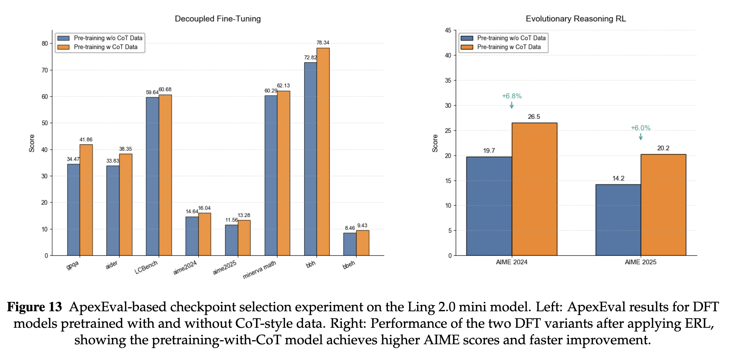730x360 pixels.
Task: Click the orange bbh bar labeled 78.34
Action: pos(323,152)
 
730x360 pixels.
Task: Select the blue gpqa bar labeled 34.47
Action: pos(73,210)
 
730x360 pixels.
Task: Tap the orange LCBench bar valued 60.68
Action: pos(165,175)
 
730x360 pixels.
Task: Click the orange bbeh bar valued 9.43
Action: pos(362,243)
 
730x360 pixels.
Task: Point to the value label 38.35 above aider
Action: pos(126,149)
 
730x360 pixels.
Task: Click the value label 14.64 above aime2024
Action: pos(192,211)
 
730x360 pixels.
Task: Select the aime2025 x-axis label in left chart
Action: pos(225,267)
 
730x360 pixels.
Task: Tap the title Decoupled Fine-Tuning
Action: pos(218,19)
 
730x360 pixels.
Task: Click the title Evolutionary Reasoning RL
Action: pos(576,19)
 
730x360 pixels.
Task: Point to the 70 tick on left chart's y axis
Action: pos(45,70)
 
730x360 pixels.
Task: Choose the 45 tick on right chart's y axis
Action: pos(448,30)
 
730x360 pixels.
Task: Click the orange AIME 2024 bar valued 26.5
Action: pos(534,189)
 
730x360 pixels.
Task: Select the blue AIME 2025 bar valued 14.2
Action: pos(618,220)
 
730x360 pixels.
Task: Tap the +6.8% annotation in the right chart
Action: pos(512,96)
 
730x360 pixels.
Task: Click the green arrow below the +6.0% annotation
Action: pos(641,137)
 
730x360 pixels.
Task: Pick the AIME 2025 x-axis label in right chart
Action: pos(640,262)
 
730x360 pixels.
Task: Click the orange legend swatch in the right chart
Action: pos(467,47)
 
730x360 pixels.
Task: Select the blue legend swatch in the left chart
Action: pos(64,38)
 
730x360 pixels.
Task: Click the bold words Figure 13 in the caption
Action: pos(34,307)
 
